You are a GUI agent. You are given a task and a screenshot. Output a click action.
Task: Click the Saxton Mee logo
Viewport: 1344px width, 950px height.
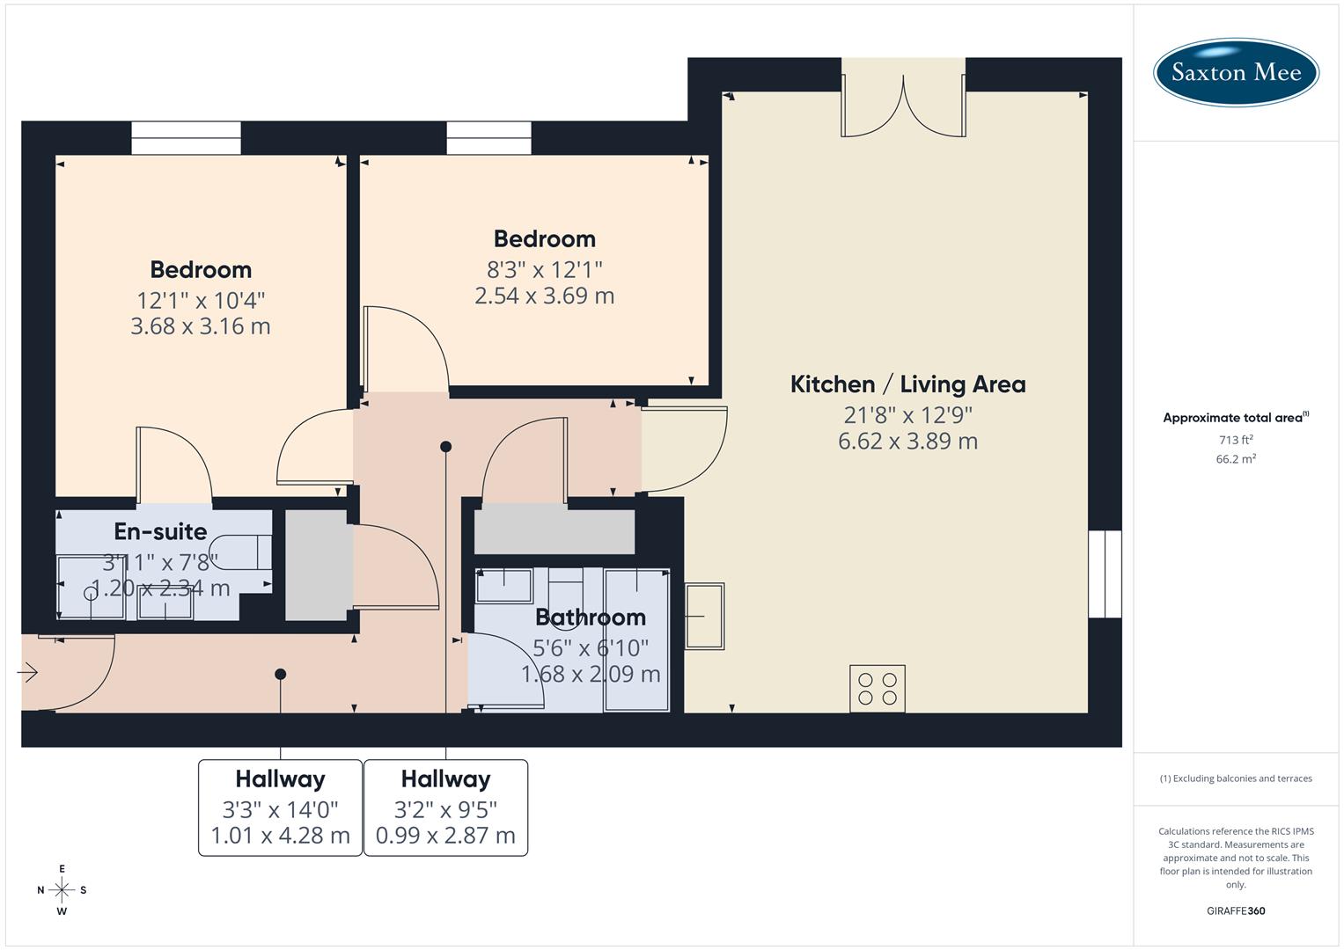click(x=1236, y=72)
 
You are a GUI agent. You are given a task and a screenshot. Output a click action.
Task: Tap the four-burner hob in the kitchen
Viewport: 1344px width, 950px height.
click(x=878, y=688)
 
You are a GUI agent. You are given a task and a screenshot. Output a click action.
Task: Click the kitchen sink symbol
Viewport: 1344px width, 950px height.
click(x=704, y=616)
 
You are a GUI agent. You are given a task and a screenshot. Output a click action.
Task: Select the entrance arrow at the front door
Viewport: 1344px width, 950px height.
click(x=27, y=673)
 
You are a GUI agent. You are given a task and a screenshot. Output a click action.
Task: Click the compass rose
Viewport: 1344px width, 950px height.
click(x=62, y=890)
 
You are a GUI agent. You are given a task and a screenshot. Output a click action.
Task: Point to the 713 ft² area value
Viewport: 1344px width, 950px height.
click(x=1236, y=440)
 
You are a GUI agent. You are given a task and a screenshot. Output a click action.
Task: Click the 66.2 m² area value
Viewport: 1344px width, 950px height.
click(x=1236, y=458)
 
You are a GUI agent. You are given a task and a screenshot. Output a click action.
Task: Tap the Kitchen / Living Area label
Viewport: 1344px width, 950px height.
click(x=907, y=384)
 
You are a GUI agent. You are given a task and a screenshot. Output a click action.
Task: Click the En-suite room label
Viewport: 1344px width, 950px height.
click(x=160, y=531)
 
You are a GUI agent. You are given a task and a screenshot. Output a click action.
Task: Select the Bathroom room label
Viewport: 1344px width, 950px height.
click(x=591, y=617)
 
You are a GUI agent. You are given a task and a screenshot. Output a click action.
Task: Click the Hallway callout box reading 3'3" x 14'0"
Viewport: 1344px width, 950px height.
click(x=280, y=807)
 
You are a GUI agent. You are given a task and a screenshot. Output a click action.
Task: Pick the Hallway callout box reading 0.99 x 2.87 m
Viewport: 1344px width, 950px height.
click(x=445, y=807)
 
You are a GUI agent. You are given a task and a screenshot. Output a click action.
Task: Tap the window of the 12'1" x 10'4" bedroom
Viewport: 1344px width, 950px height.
click(x=186, y=138)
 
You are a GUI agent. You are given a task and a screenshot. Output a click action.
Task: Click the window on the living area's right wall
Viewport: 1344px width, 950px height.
click(x=1105, y=574)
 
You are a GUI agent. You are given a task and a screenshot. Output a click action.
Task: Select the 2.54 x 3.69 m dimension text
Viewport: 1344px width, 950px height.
click(x=544, y=296)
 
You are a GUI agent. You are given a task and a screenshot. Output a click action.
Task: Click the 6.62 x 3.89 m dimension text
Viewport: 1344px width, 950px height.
click(x=907, y=441)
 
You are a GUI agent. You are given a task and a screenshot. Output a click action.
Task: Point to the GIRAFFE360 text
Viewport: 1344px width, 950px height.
click(x=1236, y=910)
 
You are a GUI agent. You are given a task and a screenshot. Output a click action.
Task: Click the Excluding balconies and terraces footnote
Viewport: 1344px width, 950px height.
click(x=1236, y=778)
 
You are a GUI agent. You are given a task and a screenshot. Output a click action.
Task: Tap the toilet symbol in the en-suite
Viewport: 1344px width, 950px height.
click(x=241, y=552)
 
